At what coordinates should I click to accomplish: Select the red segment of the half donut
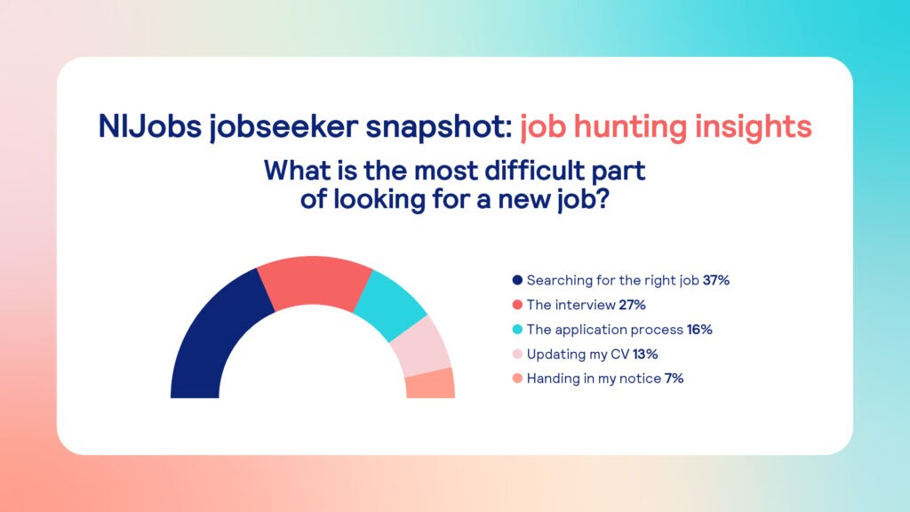tap(314, 282)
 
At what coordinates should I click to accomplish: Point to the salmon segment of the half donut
tap(430, 384)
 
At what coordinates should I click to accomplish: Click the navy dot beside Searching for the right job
tap(517, 280)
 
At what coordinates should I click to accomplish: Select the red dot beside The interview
tap(517, 305)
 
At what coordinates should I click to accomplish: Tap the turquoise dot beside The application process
tap(517, 330)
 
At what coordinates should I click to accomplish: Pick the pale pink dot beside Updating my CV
tap(517, 354)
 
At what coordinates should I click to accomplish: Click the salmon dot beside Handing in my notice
tap(517, 379)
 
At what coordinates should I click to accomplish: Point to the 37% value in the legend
tap(716, 280)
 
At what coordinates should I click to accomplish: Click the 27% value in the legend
tap(632, 305)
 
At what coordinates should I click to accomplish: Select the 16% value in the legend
tap(699, 330)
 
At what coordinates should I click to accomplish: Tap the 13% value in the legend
tap(645, 354)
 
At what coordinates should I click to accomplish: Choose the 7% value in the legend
tap(675, 379)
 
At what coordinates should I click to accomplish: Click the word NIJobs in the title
tap(149, 127)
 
